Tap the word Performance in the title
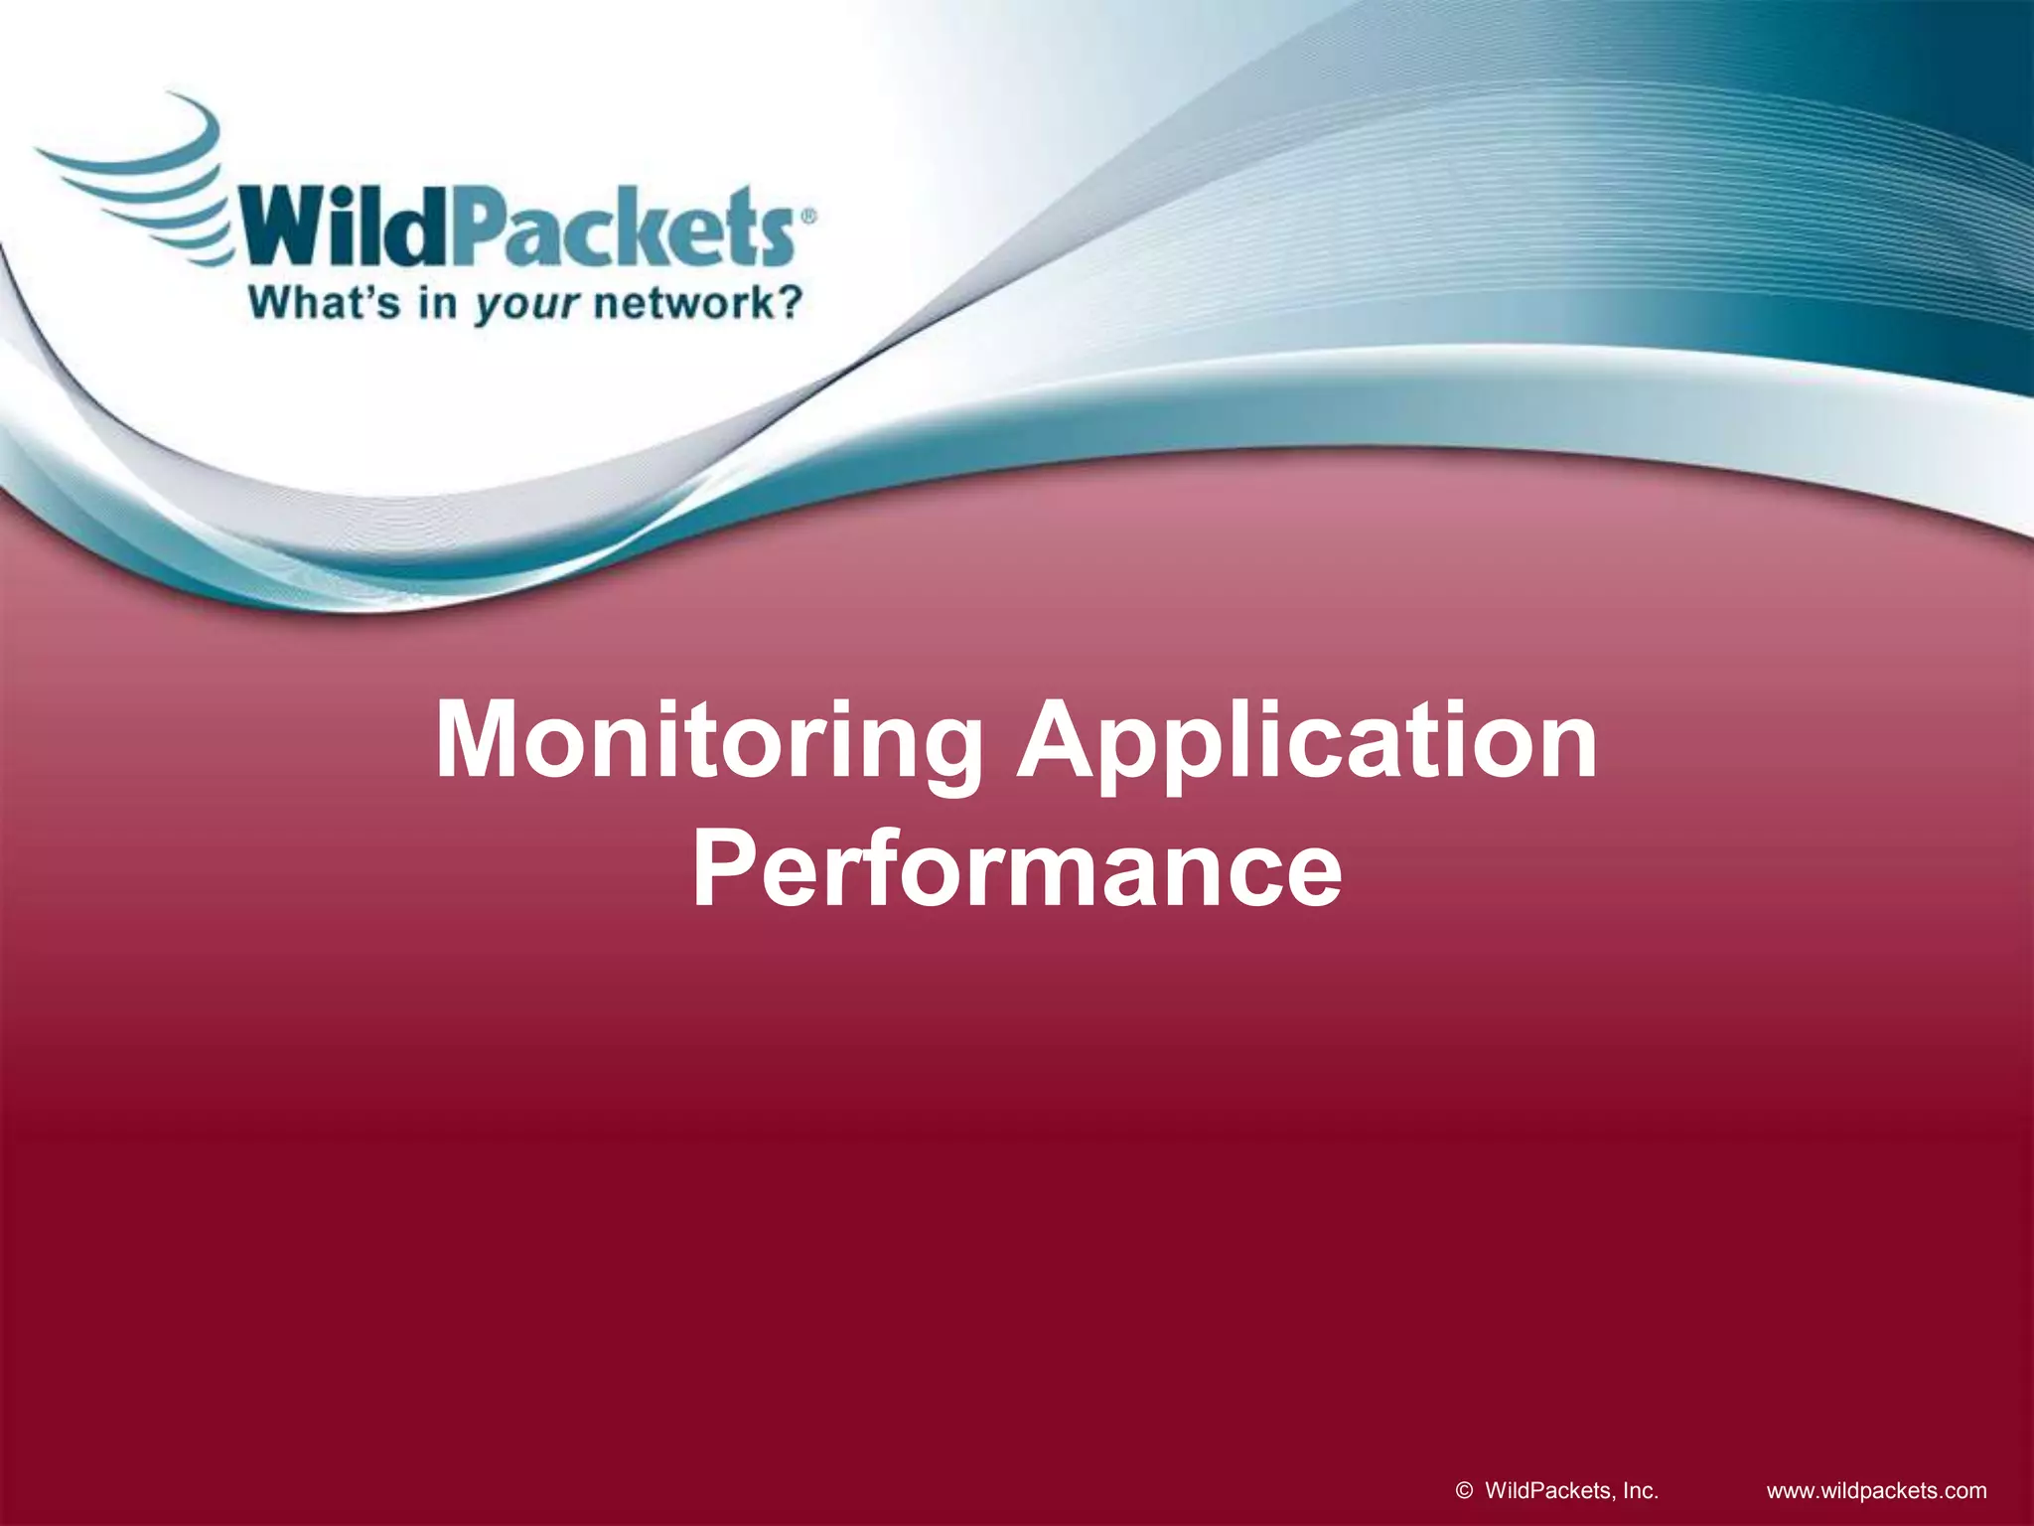click(x=1016, y=870)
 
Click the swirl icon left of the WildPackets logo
click(x=139, y=179)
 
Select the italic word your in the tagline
click(x=525, y=304)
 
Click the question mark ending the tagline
click(x=787, y=302)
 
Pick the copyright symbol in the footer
click(x=1464, y=1490)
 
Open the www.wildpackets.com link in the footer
click(x=1876, y=1490)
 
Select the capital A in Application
click(x=1064, y=740)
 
